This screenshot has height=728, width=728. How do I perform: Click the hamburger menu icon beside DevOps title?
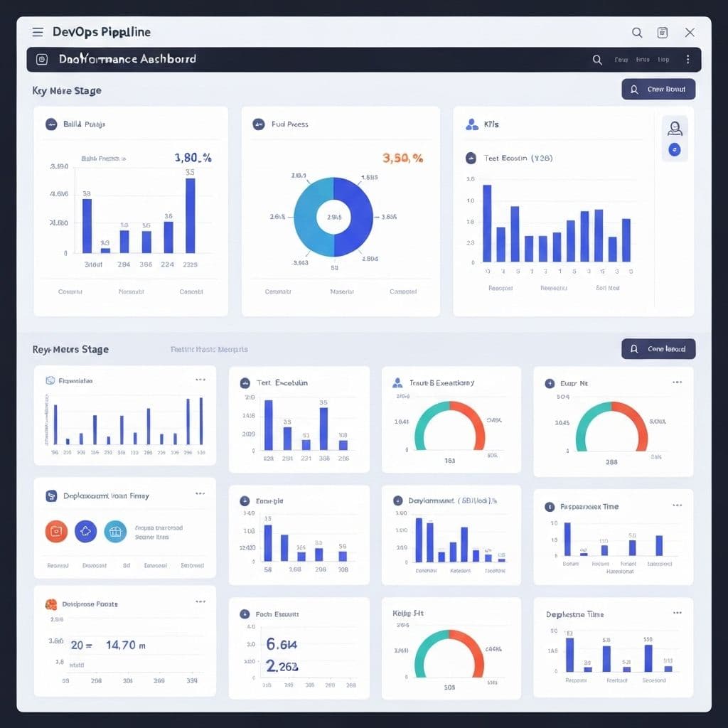[x=38, y=32]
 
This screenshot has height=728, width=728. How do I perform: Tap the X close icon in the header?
[x=689, y=32]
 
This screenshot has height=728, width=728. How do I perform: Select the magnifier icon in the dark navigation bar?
[x=597, y=60]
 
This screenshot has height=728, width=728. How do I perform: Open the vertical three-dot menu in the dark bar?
[x=687, y=60]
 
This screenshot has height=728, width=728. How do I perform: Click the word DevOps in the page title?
[x=72, y=32]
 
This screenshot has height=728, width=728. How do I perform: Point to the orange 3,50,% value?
[x=402, y=158]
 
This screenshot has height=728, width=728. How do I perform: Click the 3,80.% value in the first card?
[x=193, y=158]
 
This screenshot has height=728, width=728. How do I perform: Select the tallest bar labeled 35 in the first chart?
[x=191, y=215]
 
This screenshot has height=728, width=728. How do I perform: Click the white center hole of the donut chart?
[x=333, y=217]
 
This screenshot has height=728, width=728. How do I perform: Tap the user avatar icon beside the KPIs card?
[x=675, y=128]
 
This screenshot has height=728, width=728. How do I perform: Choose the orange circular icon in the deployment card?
[x=56, y=531]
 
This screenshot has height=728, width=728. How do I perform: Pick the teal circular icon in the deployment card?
[x=115, y=531]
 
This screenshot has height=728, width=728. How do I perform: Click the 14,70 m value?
[x=126, y=646]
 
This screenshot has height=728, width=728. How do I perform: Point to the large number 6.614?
[x=282, y=644]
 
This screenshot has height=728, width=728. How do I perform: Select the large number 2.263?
[x=282, y=666]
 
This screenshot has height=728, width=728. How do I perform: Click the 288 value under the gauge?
[x=611, y=461]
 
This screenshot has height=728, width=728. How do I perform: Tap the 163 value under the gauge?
[x=450, y=461]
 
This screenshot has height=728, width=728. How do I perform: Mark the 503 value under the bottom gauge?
[x=449, y=687]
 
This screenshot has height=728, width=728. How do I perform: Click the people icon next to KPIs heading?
[x=472, y=124]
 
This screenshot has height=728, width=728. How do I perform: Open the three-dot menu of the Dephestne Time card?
[x=678, y=613]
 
